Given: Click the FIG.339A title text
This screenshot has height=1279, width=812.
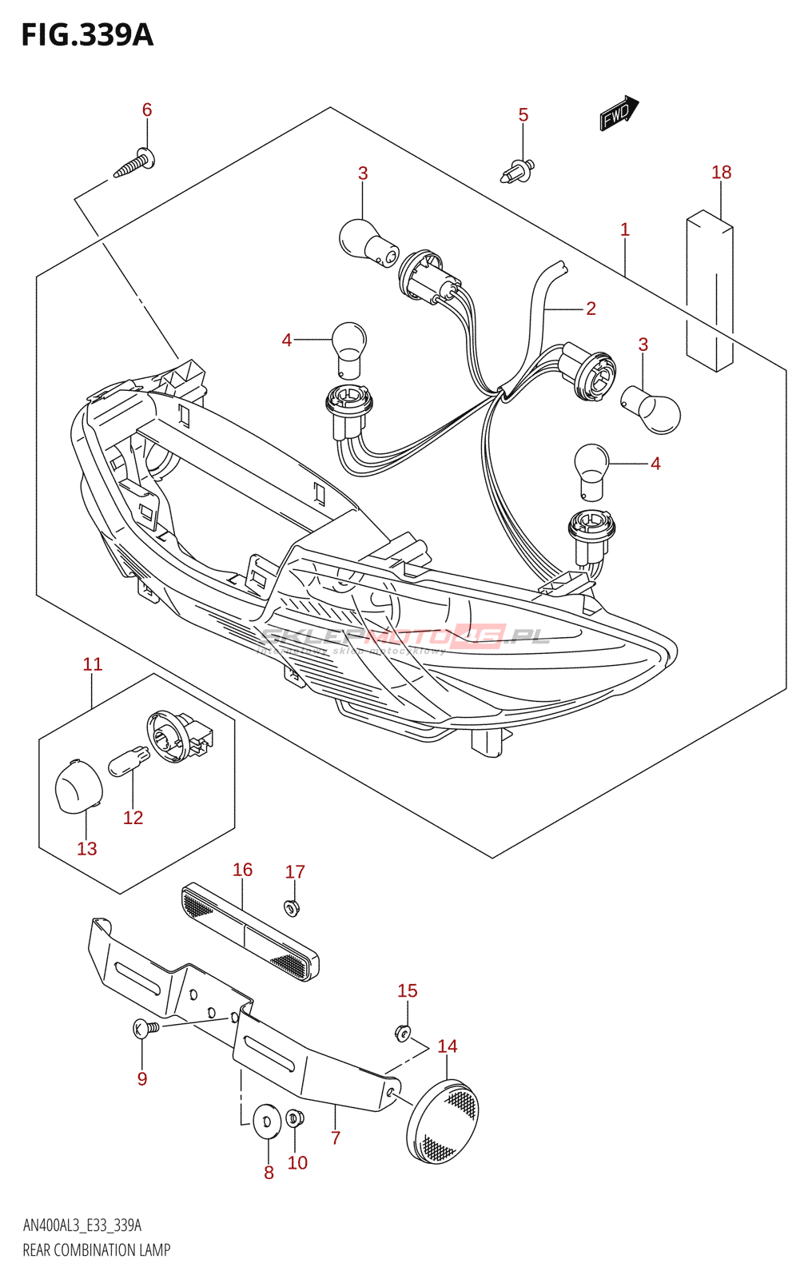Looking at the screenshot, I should point(86,34).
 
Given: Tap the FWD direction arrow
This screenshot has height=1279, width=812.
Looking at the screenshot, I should point(619,114).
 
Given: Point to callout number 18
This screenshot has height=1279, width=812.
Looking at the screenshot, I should point(721,172).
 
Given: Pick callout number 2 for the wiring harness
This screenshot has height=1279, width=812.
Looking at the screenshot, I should point(591,308).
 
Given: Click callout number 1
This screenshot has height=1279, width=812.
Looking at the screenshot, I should point(625,229).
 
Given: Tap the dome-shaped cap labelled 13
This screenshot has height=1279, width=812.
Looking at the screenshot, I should point(78,786).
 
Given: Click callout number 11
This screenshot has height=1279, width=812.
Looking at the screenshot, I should point(93,664).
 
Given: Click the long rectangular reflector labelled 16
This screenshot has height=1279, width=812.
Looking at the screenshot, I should point(250,932).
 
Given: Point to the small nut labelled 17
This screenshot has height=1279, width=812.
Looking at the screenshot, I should point(291,907).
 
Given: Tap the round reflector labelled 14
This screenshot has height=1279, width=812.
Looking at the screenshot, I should point(442,1122).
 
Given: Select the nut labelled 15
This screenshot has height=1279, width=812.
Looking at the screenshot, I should point(404,1033).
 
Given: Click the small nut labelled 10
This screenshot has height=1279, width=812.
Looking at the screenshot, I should point(293,1117).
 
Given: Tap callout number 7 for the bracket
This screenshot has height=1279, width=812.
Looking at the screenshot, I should point(336,1138).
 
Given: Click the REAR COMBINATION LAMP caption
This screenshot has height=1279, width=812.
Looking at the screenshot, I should point(97,1250).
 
